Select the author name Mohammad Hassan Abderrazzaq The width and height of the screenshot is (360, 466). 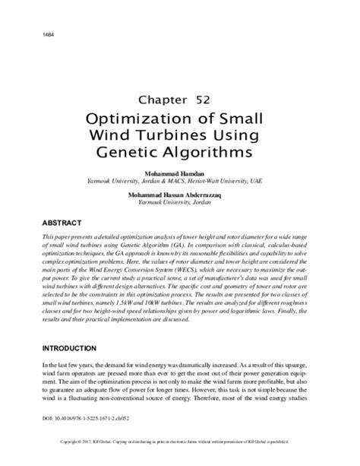coord(179,195)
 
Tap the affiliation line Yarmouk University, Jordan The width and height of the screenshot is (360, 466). coord(179,204)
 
